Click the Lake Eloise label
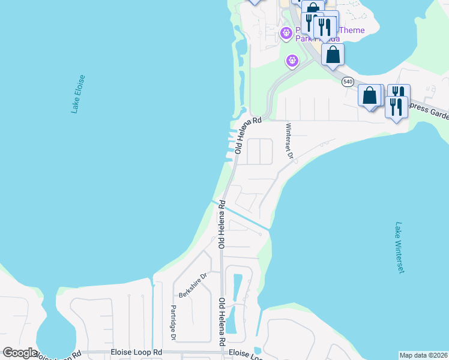78,94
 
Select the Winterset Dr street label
289,141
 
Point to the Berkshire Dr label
193,286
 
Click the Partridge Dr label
172,323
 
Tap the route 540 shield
348,81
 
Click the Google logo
20,353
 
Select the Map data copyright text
423,355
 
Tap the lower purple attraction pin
292,61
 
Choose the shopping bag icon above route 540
333,54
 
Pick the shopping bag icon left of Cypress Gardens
370,95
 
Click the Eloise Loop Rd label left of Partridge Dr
137,352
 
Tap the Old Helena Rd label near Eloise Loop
221,322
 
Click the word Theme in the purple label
352,31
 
